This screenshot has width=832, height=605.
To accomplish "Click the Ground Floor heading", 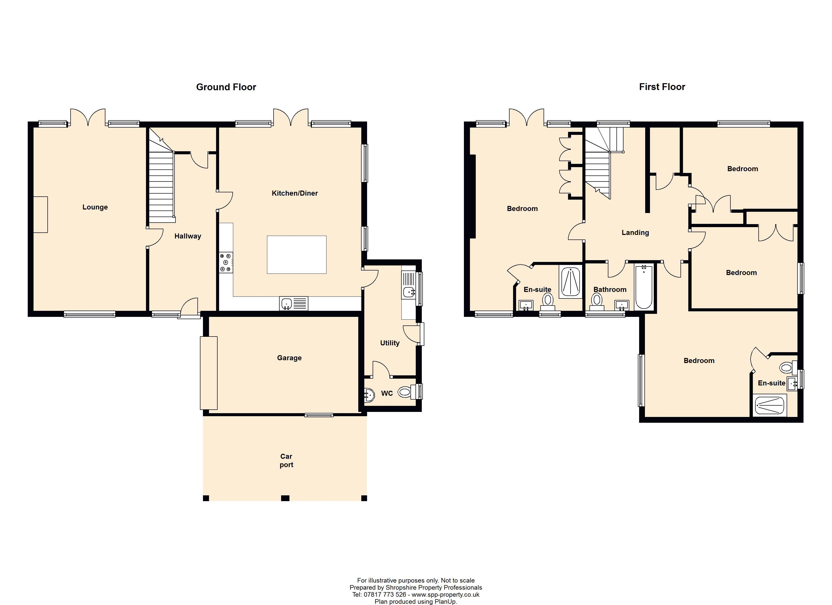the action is tap(226, 87).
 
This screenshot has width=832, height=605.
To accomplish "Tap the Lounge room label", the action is tap(95, 207).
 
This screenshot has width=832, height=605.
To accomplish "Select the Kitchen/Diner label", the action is tap(294, 193).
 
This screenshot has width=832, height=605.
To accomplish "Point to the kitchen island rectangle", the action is tap(296, 255).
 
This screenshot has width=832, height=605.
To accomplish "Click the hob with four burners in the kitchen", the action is tap(226, 262).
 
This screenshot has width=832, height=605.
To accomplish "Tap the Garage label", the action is tap(289, 358).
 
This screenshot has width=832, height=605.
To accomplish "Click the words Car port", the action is tap(286, 461).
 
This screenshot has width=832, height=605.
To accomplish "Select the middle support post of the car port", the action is tap(285, 498).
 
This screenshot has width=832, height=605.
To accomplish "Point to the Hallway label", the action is tap(188, 236).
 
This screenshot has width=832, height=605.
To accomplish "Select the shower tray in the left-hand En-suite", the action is tap(571, 282).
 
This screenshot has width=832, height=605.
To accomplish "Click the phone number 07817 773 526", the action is tap(385, 594).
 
